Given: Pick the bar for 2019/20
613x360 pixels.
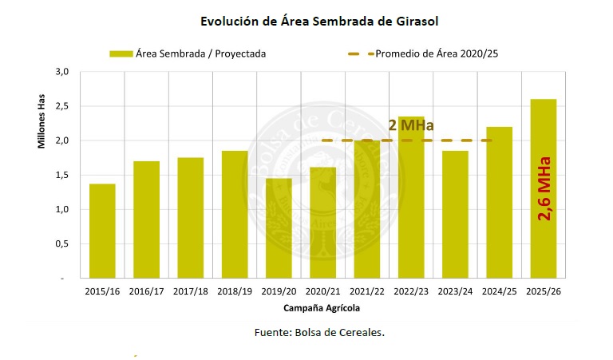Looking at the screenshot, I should coord(279,228).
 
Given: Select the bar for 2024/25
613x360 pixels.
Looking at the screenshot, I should coord(499,203).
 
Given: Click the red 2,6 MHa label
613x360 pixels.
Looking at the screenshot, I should coord(544,188).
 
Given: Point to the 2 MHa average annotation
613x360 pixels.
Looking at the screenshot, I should coord(411,125).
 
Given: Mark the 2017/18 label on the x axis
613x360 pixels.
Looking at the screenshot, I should coord(190,291).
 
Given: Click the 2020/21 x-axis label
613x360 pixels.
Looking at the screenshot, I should coord(322,291).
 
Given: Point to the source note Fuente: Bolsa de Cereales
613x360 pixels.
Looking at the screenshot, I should coord(319,331).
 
